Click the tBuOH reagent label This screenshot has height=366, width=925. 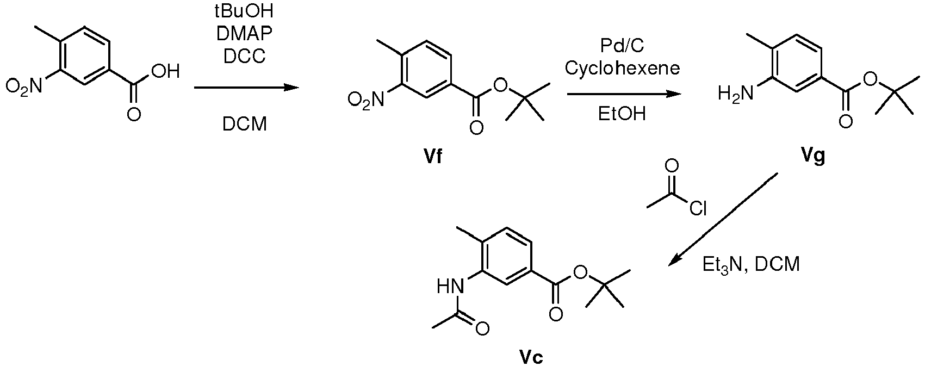[244, 11]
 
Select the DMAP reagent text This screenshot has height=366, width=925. [245, 34]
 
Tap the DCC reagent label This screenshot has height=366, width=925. [245, 56]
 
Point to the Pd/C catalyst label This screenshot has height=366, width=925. [622, 46]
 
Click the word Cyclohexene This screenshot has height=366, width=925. [622, 68]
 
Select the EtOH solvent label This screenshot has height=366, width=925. [622, 113]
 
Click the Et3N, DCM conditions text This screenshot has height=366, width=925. [751, 264]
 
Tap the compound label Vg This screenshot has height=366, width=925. [813, 156]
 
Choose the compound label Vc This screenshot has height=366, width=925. [531, 357]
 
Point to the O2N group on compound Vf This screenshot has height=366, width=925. [366, 100]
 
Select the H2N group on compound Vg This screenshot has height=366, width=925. [736, 93]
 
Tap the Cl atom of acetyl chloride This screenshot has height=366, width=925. [698, 208]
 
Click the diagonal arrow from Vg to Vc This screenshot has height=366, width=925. [723, 219]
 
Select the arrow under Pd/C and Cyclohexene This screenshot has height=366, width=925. [624, 94]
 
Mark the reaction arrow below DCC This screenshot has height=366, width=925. [246, 88]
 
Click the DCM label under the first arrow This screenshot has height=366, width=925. [245, 124]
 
